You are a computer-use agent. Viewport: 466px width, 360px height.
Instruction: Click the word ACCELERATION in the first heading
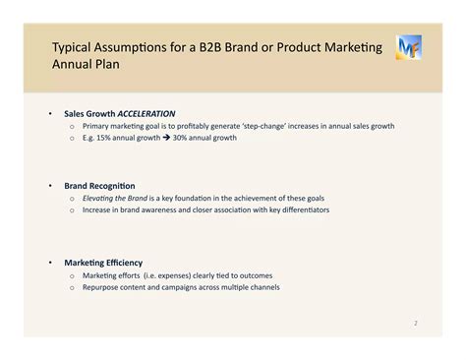[x=147, y=113]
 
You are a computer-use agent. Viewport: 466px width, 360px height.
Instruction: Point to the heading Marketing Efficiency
[x=103, y=263]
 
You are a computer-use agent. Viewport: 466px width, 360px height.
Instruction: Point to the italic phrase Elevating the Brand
[x=116, y=198]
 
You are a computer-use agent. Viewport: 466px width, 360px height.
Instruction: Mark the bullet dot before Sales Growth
[x=49, y=113]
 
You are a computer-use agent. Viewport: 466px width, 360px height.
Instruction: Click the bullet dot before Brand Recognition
[x=49, y=185]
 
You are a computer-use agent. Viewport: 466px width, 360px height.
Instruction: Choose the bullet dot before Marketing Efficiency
[x=49, y=263]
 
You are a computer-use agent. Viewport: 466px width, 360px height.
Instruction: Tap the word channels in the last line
[x=264, y=287]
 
